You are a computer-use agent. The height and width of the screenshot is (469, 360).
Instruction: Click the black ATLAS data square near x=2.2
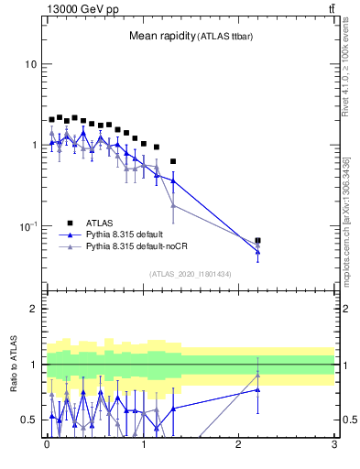click(x=258, y=241)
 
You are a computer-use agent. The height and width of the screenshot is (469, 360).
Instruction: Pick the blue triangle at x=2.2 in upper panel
click(x=258, y=251)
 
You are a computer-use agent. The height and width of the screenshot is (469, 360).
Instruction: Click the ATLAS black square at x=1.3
click(x=172, y=161)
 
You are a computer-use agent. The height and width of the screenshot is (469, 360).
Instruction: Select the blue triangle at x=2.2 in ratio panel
click(x=258, y=390)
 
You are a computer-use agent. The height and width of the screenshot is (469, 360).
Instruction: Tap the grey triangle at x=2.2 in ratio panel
click(x=258, y=375)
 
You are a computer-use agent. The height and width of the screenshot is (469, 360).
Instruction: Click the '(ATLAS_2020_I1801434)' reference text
click(x=190, y=274)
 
